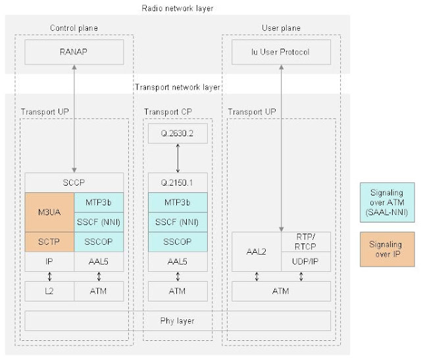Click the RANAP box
coord(74,52)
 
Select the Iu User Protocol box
coord(280,52)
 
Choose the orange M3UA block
coord(49,213)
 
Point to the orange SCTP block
coord(49,242)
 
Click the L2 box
coord(49,290)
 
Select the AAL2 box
coord(256,251)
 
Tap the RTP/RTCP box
coord(305,242)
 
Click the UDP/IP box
coord(305,261)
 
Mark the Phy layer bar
coord(178,321)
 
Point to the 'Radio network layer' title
coord(177,8)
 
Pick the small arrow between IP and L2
coord(50,276)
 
